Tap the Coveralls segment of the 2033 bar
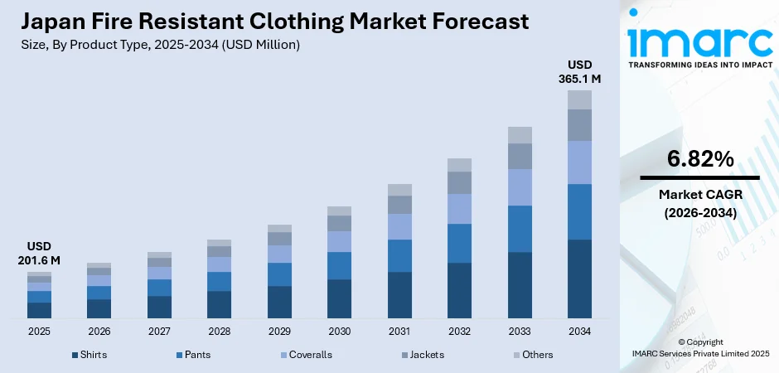click(520, 186)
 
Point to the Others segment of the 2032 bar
click(459, 164)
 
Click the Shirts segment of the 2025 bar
click(39, 310)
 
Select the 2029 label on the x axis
click(279, 332)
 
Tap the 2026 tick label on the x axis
click(99, 332)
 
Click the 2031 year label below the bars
click(399, 332)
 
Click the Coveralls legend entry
click(306, 355)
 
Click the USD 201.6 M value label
click(39, 254)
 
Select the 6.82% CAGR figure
click(699, 159)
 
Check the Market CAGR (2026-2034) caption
click(699, 203)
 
